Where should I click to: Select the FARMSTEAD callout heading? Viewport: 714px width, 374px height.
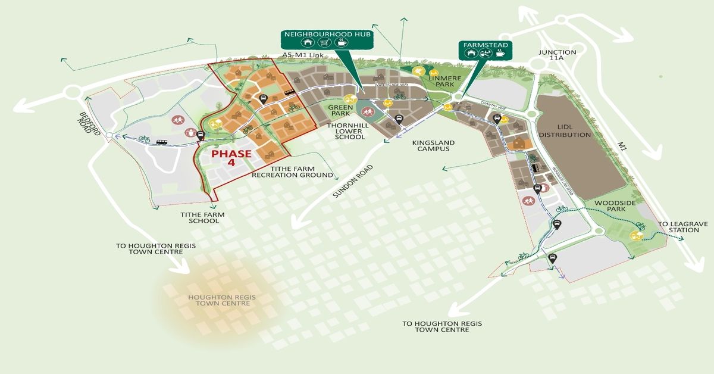[x=483, y=44]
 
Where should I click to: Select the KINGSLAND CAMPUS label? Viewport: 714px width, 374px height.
[x=433, y=145]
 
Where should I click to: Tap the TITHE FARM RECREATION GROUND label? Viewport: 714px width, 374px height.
[x=292, y=172]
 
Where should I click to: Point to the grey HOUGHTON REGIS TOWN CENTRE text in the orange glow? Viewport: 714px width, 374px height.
[x=218, y=300]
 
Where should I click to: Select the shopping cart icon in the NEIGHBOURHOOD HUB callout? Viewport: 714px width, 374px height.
[x=324, y=43]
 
